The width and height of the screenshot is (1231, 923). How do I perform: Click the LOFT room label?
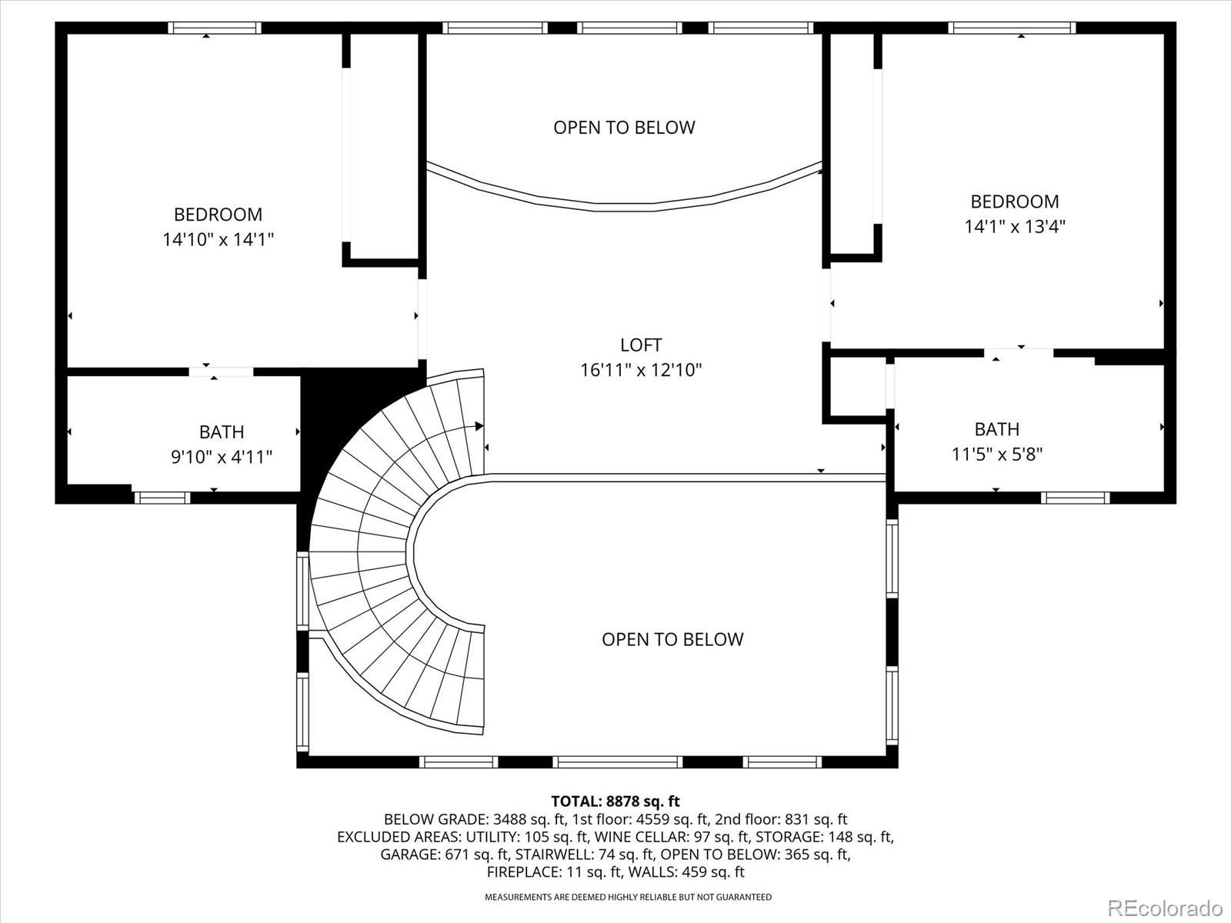[x=641, y=345]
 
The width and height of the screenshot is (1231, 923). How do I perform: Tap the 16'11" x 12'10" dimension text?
[x=641, y=370]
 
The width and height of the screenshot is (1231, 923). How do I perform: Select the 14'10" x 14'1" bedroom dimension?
[x=219, y=239]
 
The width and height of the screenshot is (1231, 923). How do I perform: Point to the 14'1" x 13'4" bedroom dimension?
[x=1015, y=226]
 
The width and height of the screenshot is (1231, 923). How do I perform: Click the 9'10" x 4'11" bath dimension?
[x=222, y=457]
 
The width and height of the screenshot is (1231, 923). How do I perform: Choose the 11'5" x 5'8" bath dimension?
[x=997, y=454]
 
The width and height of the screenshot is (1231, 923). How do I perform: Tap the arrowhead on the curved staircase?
[x=479, y=426]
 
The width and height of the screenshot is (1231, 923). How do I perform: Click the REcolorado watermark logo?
[x=1166, y=908]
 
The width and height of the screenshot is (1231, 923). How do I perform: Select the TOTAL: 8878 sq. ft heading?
[x=615, y=801]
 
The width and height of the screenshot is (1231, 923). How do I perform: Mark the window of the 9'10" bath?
[x=162, y=498]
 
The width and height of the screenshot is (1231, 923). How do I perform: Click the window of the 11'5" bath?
[x=1076, y=498]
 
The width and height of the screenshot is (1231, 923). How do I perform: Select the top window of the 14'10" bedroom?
[x=215, y=28]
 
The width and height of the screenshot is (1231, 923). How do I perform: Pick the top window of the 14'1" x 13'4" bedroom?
[x=1012, y=28]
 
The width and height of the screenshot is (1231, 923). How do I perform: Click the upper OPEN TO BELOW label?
[x=624, y=128]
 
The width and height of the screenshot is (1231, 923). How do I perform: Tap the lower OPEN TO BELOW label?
[x=672, y=639]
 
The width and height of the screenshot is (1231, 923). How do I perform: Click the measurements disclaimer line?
[x=628, y=897]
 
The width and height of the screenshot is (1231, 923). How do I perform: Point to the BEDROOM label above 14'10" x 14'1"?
[x=219, y=214]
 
